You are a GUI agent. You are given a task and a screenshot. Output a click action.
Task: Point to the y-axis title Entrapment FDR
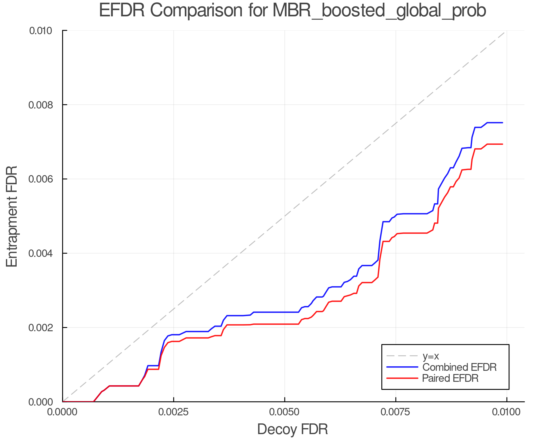(12, 216)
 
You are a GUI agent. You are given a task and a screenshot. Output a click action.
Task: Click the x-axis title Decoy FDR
(292, 429)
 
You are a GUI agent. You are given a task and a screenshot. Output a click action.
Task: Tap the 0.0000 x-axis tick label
(62, 412)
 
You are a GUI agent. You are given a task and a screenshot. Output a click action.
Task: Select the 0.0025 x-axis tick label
(174, 412)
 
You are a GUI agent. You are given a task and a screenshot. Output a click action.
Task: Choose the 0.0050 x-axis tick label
(285, 412)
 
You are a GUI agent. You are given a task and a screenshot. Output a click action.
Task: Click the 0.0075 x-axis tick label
(396, 412)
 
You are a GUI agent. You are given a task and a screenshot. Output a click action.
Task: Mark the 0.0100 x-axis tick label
(507, 412)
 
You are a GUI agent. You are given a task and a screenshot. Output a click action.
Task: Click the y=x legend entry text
(431, 356)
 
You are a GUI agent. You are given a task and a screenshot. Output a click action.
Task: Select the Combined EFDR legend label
(460, 367)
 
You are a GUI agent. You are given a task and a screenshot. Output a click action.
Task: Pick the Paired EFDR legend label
(450, 378)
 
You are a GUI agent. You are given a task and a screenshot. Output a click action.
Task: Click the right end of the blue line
(502, 123)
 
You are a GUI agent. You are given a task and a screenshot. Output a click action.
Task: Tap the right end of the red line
(502, 144)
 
